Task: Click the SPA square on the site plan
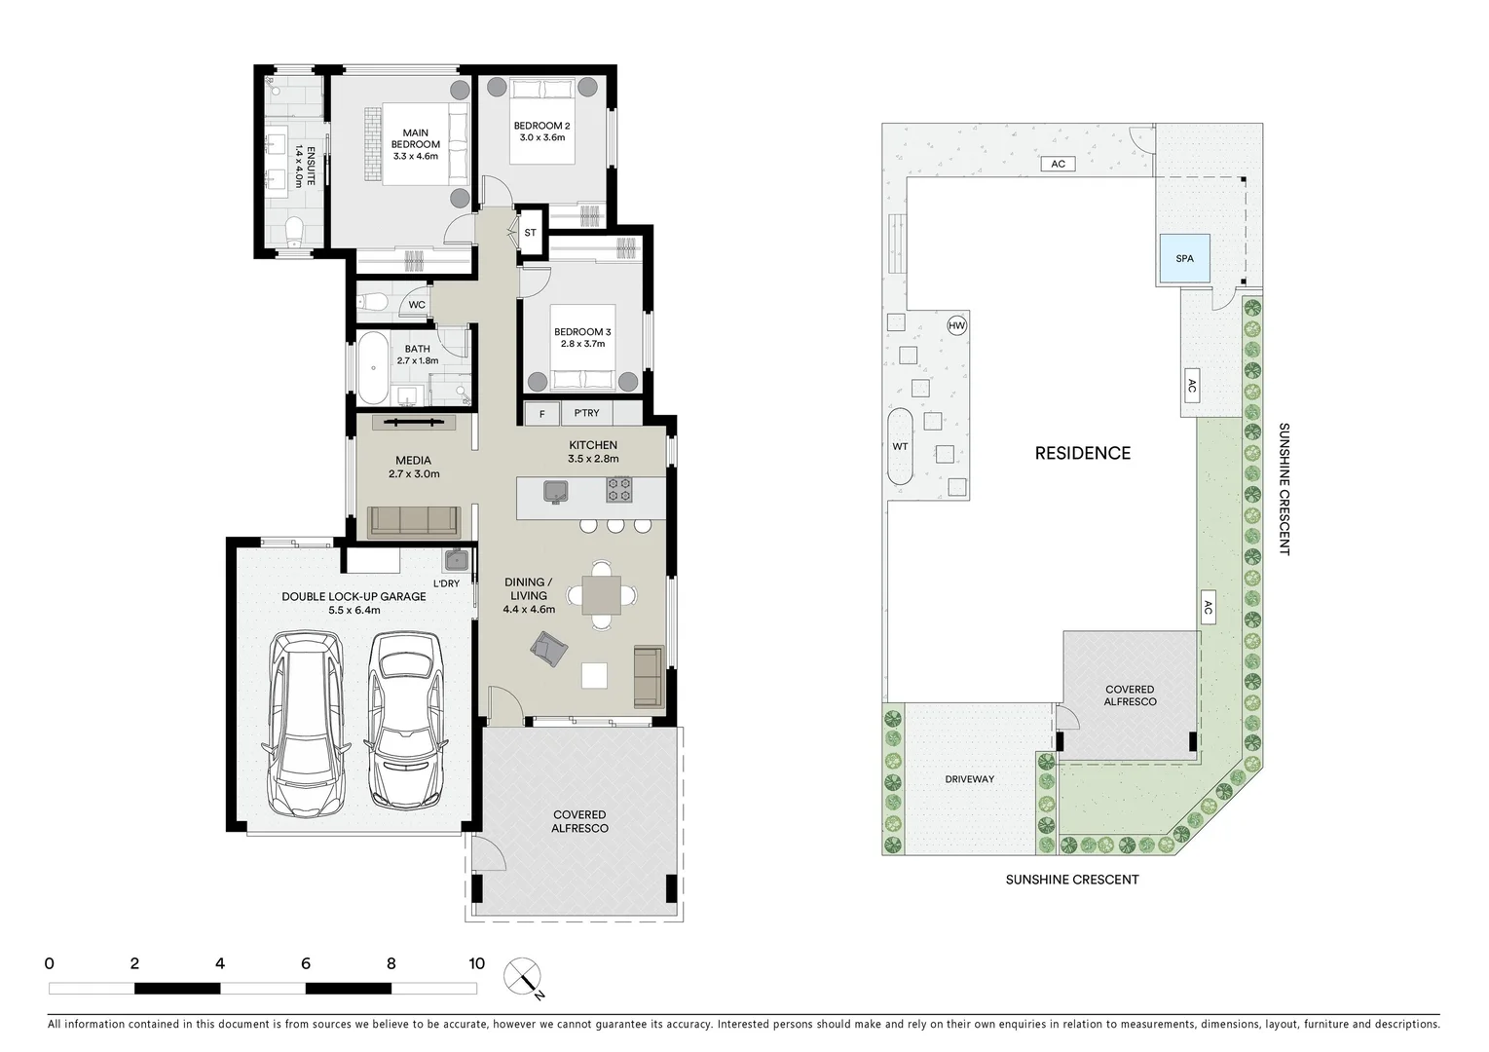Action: pyautogui.click(x=1184, y=259)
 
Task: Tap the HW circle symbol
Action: pyautogui.click(x=956, y=326)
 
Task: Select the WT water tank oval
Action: pyautogui.click(x=900, y=447)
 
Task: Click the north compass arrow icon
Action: pyautogui.click(x=524, y=977)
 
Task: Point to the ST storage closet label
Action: pyautogui.click(x=531, y=233)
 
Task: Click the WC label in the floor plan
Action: pyautogui.click(x=417, y=305)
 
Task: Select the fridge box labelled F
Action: pyautogui.click(x=541, y=414)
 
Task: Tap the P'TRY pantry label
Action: pyautogui.click(x=586, y=414)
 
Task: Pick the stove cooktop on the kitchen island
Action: pyautogui.click(x=619, y=489)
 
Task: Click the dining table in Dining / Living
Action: pyautogui.click(x=601, y=595)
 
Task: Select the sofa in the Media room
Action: pyautogui.click(x=414, y=522)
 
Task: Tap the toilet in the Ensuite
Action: pyautogui.click(x=293, y=230)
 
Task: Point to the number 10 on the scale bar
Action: pyautogui.click(x=476, y=964)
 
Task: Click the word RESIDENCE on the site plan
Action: pyautogui.click(x=1082, y=453)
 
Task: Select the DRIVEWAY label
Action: pyautogui.click(x=969, y=779)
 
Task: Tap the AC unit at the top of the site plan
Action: pyautogui.click(x=1058, y=164)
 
